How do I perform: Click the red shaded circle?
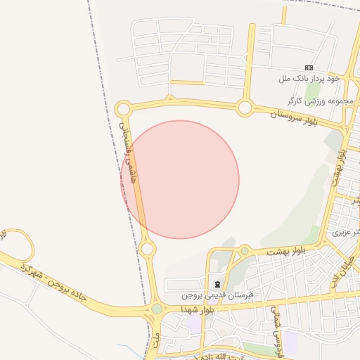(x=180, y=179)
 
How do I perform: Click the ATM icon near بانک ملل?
(x=309, y=67)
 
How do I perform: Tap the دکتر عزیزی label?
(x=347, y=231)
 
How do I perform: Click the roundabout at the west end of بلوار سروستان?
(x=124, y=109)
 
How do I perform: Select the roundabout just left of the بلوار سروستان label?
(x=245, y=108)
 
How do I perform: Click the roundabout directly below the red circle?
(x=147, y=249)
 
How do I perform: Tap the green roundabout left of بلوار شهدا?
(x=156, y=309)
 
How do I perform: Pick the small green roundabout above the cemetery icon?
(x=244, y=250)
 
